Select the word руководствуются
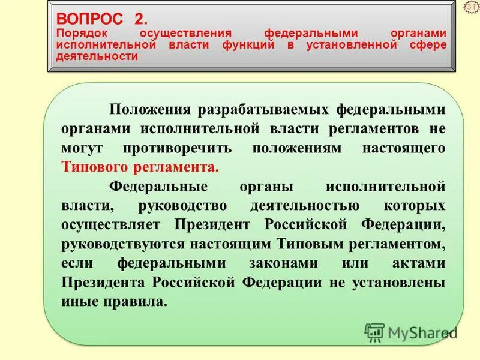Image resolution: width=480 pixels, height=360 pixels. tap(117, 244)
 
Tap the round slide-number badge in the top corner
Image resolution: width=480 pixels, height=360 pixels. tap(472, 7)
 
